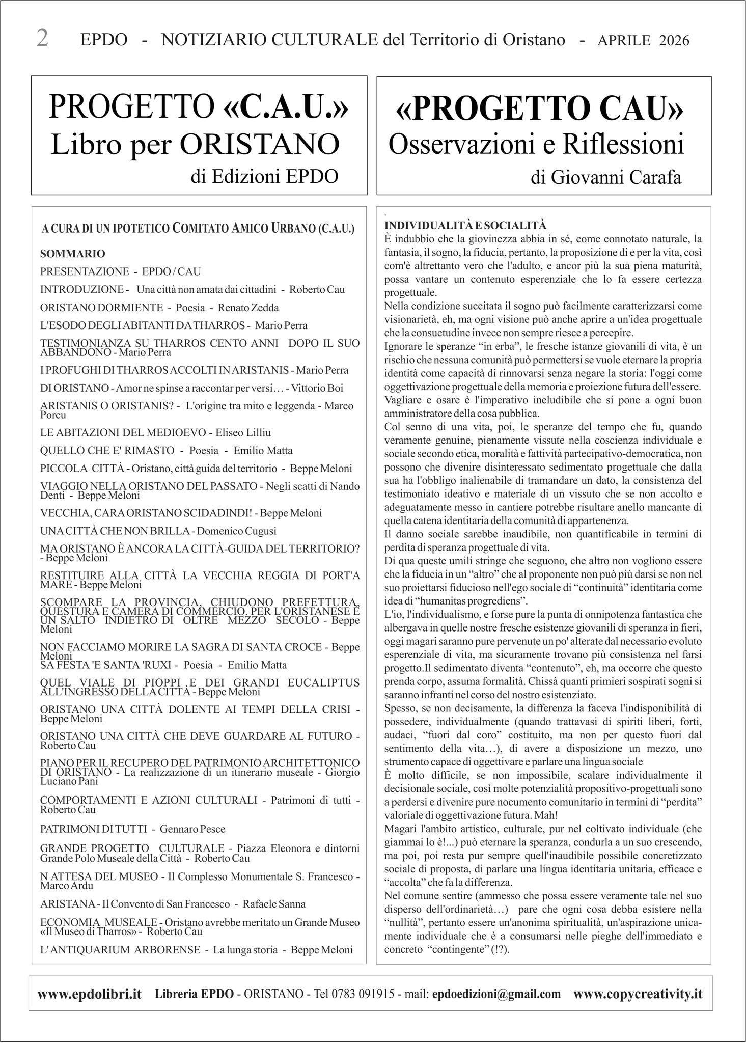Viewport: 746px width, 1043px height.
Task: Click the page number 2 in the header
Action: pos(43,39)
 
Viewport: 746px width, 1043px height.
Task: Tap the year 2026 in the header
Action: pos(674,40)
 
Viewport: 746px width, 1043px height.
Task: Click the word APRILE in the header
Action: pos(624,40)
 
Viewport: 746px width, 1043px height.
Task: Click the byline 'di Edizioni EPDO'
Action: pos(264,176)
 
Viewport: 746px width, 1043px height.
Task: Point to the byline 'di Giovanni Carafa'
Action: pos(605,178)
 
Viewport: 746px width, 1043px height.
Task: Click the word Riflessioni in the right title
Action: pos(628,144)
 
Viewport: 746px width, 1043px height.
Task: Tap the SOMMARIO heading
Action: pos(73,254)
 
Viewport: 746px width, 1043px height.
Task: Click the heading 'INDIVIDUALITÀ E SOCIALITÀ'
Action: pos(465,226)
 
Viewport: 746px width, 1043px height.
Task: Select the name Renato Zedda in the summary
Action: pos(248,308)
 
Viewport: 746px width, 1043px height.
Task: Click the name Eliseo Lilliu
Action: pos(243,433)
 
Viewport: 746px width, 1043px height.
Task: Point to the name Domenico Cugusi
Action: pos(236,531)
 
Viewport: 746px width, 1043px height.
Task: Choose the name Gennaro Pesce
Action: pos(192,829)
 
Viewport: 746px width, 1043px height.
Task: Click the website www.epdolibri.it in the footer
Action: pos(90,994)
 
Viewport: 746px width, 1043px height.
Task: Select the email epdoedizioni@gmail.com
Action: pos(496,994)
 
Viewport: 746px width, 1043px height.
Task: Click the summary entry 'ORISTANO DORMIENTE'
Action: pos(101,308)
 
